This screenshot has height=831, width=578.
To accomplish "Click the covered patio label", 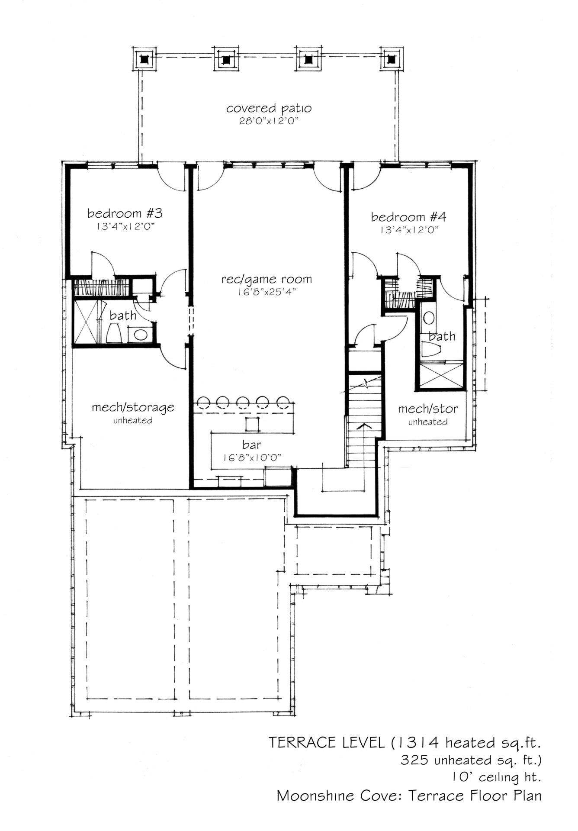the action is pos(269,108).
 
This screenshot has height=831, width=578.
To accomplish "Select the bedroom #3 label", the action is pos(125,213).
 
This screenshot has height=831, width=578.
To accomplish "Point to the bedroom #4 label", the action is pos(409,216).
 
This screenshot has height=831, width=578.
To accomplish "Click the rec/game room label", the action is pos(267,280).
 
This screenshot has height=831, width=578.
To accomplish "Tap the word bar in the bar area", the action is pos(252,444).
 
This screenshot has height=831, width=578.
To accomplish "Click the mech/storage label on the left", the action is pos(133,407).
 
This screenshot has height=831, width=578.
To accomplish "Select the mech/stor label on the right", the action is pos(428,409).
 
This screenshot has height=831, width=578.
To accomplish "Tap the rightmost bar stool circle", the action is pos(283,403).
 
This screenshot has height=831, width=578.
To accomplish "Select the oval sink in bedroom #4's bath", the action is pos(429,318).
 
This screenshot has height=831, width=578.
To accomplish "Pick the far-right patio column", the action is pos(392,58).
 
